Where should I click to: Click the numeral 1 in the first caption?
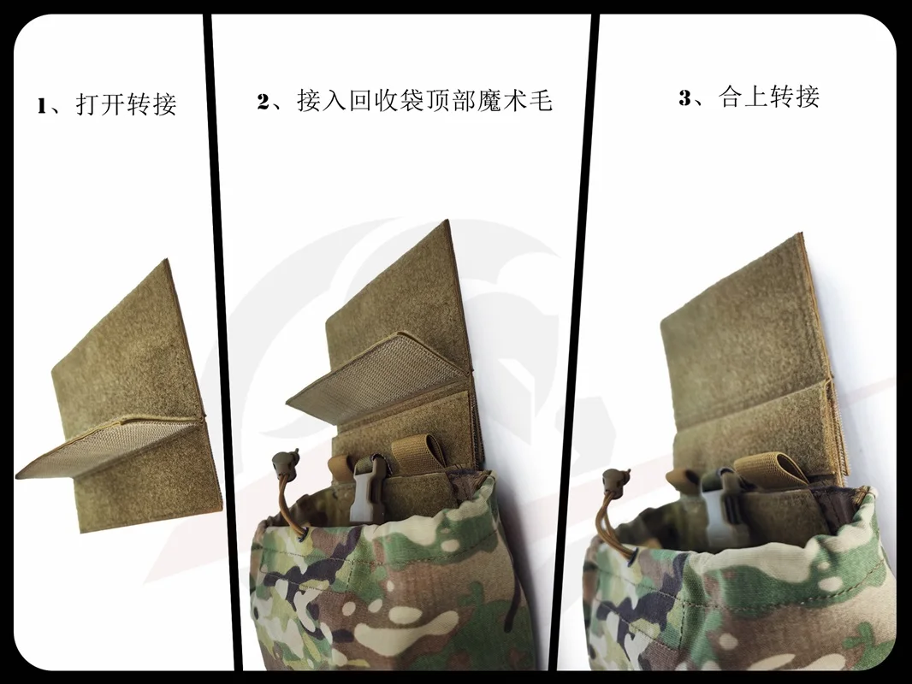[x=43, y=106]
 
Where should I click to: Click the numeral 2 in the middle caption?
[x=264, y=101]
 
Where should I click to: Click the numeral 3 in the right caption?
[x=686, y=97]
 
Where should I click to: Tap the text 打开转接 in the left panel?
[x=127, y=104]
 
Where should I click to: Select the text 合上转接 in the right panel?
[x=769, y=97]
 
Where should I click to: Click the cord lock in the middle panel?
[x=285, y=461]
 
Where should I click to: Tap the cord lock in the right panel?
[x=614, y=480]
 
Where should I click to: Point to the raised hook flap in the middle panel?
[x=377, y=372]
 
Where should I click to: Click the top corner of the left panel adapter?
[x=168, y=259]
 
